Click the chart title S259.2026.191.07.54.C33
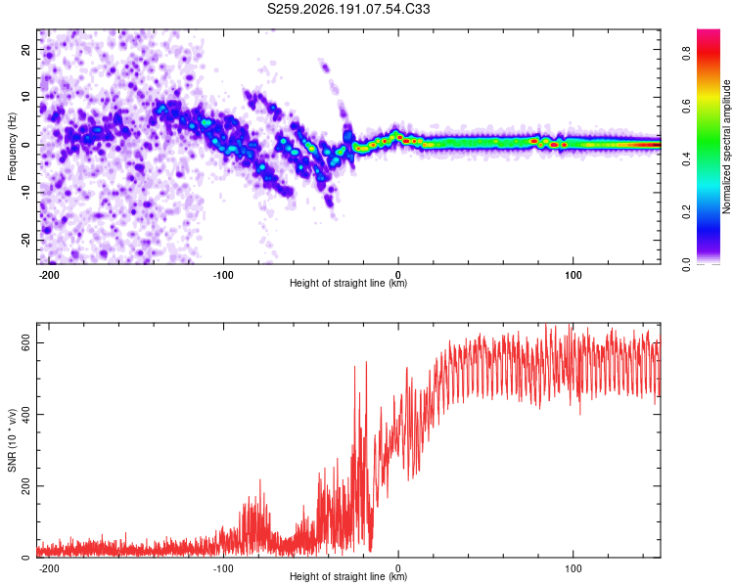[348, 9]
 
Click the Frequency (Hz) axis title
[12, 146]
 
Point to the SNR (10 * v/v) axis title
[12, 440]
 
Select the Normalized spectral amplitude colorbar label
[726, 147]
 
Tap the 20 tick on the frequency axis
[25, 50]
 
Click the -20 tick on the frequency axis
[25, 240]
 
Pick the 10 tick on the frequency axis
[25, 98]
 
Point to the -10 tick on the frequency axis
[25, 193]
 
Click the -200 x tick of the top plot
[48, 275]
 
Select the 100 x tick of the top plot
[573, 275]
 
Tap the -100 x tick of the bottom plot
[223, 568]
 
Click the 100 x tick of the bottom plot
[573, 568]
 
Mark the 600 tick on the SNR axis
[25, 343]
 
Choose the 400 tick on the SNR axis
[25, 414]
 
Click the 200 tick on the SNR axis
[25, 486]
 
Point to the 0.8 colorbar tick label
[686, 54]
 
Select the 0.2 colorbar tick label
[686, 212]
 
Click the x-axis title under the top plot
[348, 283]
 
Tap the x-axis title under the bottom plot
[348, 576]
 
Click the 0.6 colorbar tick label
[686, 107]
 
